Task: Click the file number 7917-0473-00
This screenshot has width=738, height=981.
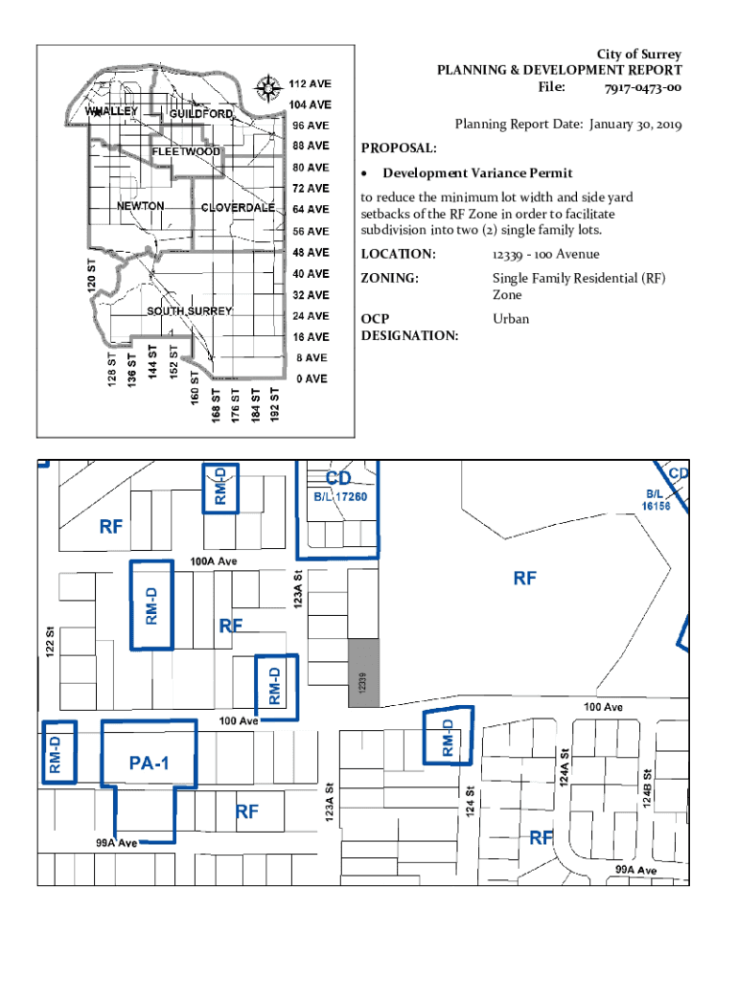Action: coord(643,88)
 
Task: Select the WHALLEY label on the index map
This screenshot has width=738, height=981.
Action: coord(112,111)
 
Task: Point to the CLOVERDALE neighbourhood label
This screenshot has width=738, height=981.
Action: coord(238,208)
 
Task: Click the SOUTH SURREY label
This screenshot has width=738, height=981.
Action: coord(190,311)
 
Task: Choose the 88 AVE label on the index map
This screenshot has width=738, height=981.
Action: coord(311,146)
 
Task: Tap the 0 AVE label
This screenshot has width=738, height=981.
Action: coord(311,378)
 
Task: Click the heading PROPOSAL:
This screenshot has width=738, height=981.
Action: coord(399,148)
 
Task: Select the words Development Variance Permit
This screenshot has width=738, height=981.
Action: coord(477,173)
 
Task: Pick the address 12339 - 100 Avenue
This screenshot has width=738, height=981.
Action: coord(545,254)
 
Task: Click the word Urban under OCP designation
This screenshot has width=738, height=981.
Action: coord(511,319)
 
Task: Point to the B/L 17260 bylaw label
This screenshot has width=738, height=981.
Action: coord(340,497)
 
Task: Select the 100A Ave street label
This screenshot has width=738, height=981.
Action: coord(213,560)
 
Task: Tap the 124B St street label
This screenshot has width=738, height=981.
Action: coord(648,787)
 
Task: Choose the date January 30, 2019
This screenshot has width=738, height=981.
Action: coord(635,125)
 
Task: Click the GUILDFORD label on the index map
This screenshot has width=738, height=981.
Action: coord(201,114)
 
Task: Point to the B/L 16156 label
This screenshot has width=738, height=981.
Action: coord(657,500)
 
